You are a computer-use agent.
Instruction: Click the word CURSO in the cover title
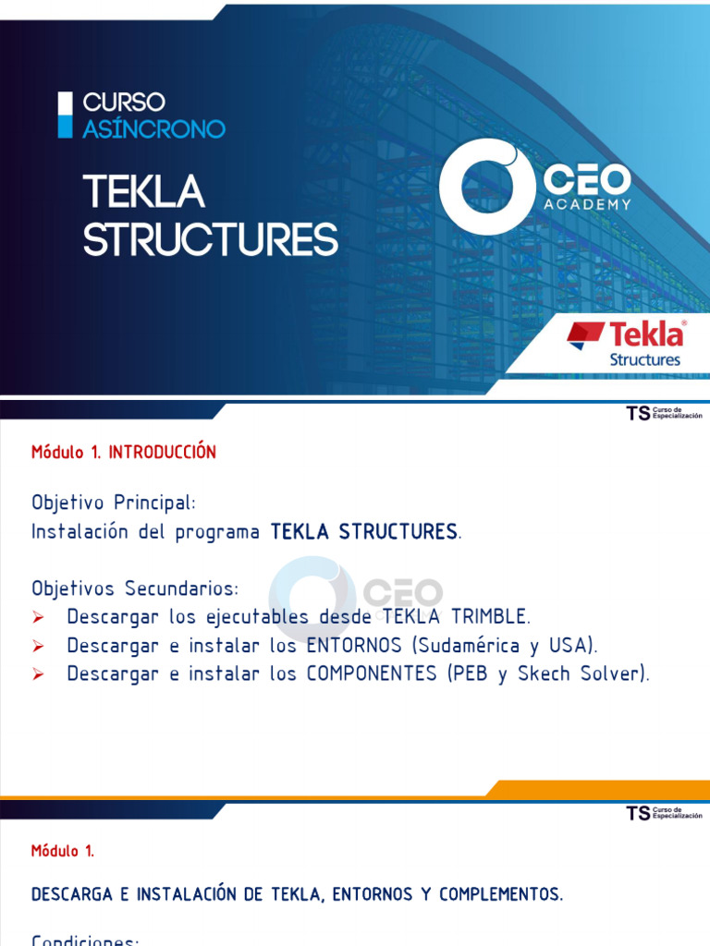[124, 102]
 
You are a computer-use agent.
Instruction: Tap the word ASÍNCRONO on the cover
[153, 128]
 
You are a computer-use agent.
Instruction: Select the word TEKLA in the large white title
[143, 192]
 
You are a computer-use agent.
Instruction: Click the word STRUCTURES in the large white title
[210, 239]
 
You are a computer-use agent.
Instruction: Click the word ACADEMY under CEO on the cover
[588, 204]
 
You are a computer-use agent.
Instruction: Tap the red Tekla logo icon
[585, 334]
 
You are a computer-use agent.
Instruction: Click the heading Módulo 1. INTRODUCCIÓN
[124, 452]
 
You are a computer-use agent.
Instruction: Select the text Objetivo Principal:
[114, 503]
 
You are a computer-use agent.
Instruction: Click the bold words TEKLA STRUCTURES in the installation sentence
[363, 532]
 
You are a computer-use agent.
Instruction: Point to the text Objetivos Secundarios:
[135, 588]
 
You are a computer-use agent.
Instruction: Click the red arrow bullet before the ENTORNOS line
[39, 646]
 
